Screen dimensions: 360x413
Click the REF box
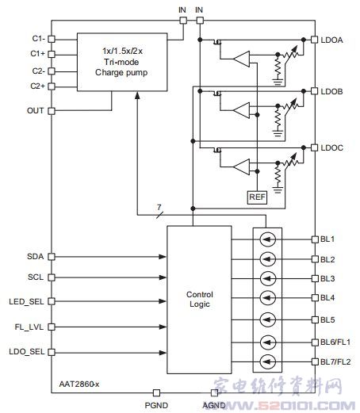(257, 197)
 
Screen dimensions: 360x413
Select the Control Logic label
(200, 299)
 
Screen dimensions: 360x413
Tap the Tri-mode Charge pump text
(121, 67)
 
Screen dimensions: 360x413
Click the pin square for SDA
(52, 257)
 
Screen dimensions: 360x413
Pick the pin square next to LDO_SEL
(52, 352)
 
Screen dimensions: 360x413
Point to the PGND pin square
(156, 393)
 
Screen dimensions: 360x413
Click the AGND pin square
(214, 393)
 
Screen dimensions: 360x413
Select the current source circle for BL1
(268, 239)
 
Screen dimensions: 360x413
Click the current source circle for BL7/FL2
(268, 361)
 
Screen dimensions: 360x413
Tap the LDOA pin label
(331, 40)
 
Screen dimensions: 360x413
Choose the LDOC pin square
(314, 147)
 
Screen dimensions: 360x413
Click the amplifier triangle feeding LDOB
(241, 110)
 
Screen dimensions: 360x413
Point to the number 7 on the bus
(159, 207)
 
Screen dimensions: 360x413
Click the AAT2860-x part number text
(79, 384)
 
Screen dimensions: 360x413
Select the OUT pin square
(52, 111)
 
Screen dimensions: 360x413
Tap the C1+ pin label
(37, 54)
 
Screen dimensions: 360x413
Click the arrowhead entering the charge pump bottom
(137, 95)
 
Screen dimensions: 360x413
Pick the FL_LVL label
(29, 327)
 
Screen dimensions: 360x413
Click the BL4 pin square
(315, 298)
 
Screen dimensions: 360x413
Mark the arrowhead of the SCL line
(163, 277)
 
